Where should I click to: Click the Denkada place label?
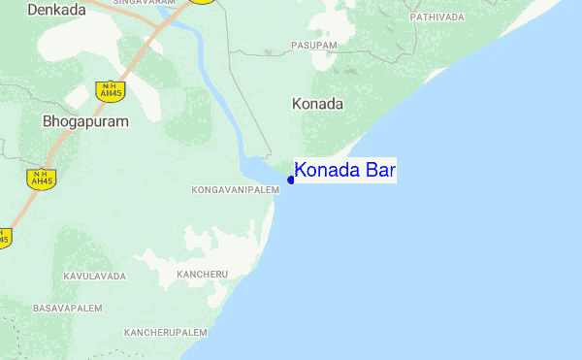click(x=57, y=10)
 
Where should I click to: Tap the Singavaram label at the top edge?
click(x=145, y=3)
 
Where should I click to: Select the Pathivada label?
click(x=437, y=17)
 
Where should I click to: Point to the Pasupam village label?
click(x=314, y=46)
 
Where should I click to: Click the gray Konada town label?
click(x=317, y=103)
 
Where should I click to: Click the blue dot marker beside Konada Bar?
click(x=291, y=180)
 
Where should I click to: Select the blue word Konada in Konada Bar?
click(x=328, y=171)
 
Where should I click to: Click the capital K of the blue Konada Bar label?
click(x=301, y=171)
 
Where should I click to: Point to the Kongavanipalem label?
click(x=236, y=189)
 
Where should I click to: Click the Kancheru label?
click(x=203, y=275)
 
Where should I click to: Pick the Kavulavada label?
click(x=94, y=277)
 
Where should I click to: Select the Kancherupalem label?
click(x=166, y=332)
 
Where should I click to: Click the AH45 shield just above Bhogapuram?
click(x=108, y=91)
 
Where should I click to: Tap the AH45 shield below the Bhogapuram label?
click(x=42, y=178)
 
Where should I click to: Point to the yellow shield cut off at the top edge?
click(x=202, y=2)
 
